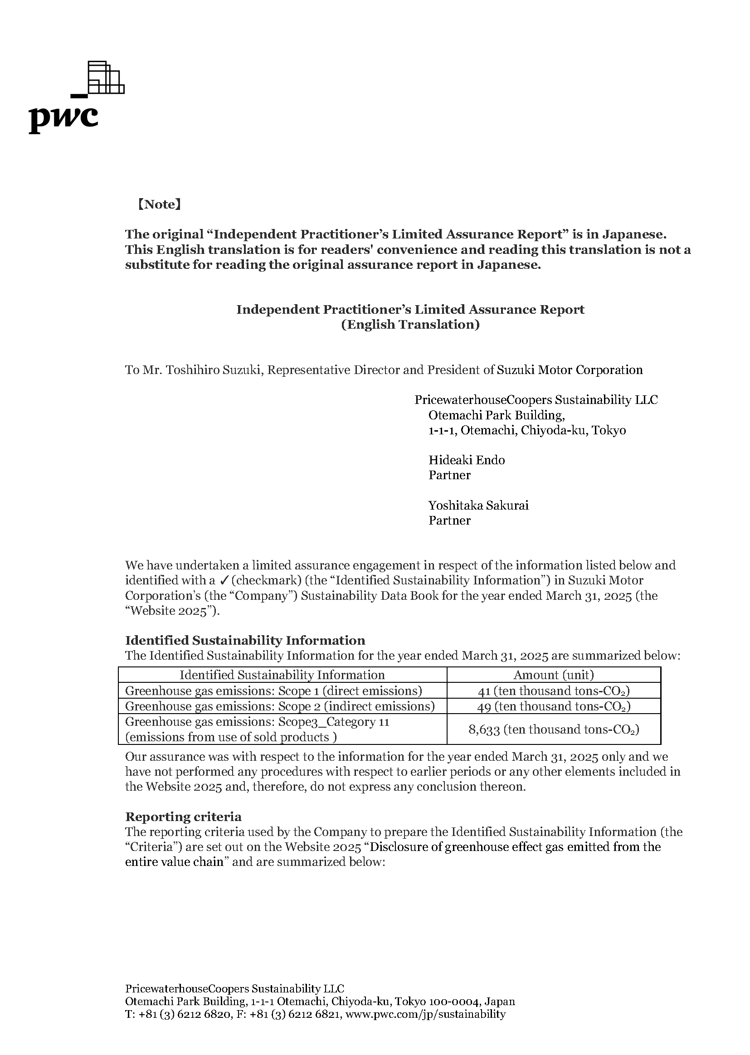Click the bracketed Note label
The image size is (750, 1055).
click(159, 204)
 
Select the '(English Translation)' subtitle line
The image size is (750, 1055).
click(410, 325)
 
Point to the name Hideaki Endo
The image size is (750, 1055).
click(467, 460)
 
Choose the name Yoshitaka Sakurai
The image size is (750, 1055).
click(478, 505)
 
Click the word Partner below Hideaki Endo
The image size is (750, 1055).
click(449, 475)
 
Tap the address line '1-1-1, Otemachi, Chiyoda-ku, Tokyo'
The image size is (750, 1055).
click(527, 430)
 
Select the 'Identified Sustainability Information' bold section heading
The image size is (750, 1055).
click(245, 640)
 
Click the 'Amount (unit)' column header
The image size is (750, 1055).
click(553, 675)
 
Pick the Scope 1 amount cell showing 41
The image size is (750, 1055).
click(553, 690)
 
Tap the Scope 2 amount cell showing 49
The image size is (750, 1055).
click(553, 706)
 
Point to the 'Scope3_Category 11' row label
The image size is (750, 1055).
click(333, 722)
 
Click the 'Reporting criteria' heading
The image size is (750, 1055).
click(183, 817)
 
